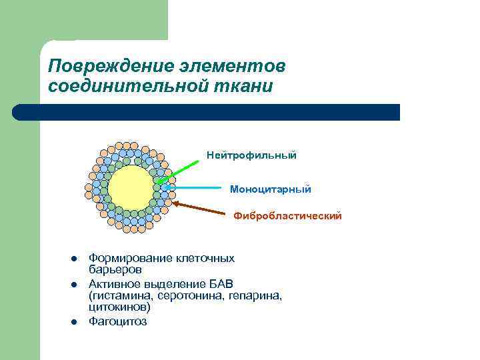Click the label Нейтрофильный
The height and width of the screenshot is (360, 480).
click(251, 155)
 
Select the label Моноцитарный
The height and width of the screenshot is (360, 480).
click(270, 189)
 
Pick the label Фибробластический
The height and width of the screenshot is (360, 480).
click(287, 215)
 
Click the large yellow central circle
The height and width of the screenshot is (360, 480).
click(130, 188)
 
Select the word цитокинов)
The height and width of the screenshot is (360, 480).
click(120, 307)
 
